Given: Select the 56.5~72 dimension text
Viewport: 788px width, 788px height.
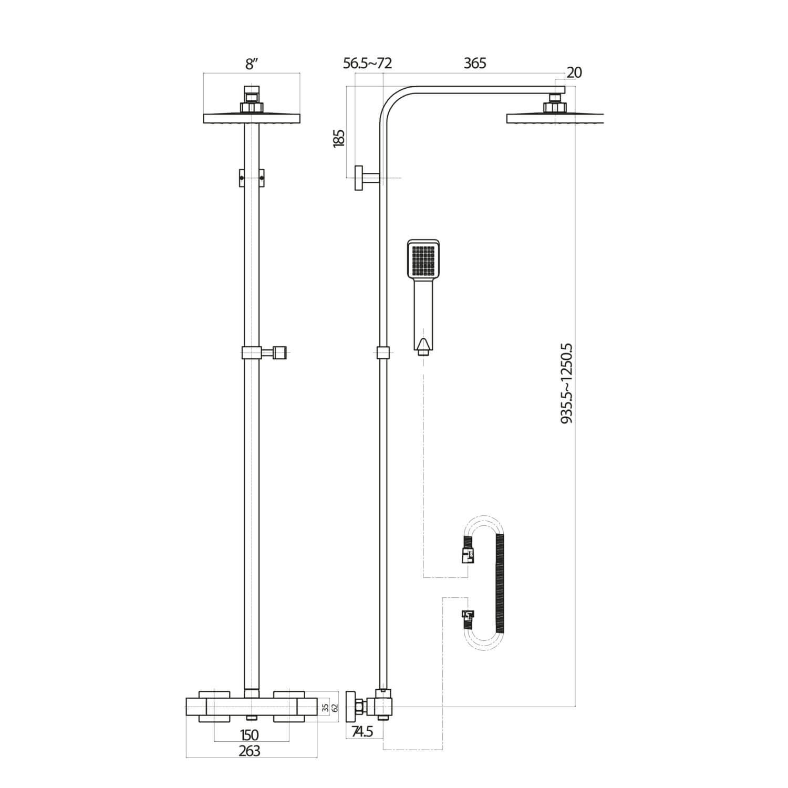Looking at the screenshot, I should click(x=368, y=64).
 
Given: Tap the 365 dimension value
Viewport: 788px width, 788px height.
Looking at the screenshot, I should click(x=475, y=64).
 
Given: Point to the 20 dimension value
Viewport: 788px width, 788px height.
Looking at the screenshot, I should click(x=574, y=72).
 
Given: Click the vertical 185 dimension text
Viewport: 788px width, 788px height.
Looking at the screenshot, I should click(x=339, y=139).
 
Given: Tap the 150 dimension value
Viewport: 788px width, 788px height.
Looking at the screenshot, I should click(x=249, y=734).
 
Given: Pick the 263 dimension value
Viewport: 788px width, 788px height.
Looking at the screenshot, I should click(x=249, y=751).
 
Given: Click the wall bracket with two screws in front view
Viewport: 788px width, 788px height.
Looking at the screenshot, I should click(x=252, y=178).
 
